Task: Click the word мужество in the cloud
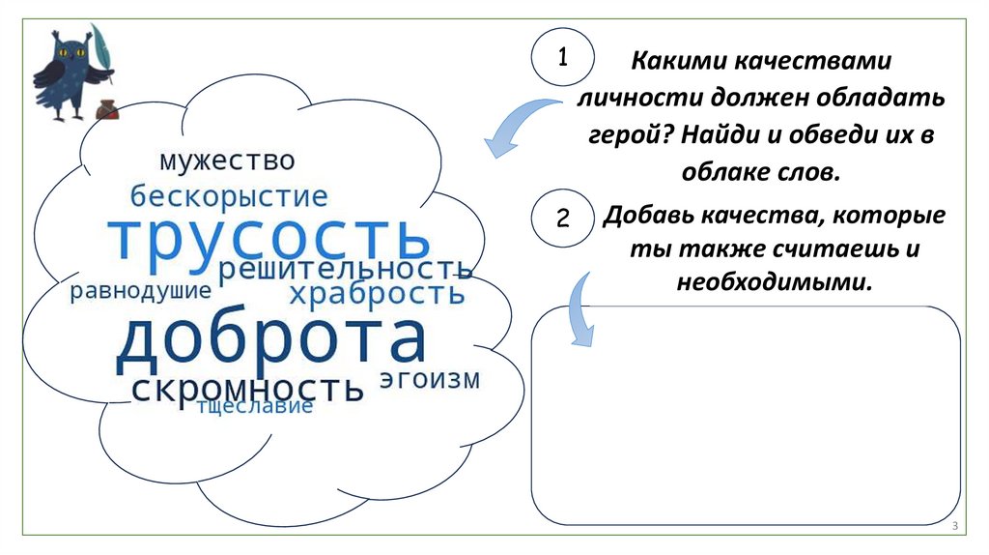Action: click(227, 160)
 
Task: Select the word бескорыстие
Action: click(230, 197)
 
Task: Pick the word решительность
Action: click(345, 270)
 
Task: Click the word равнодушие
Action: click(140, 291)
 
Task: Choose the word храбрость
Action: click(378, 293)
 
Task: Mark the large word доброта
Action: click(270, 340)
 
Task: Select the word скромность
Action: click(247, 389)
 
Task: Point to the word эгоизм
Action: click(429, 378)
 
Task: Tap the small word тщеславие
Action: click(255, 406)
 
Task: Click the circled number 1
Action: click(561, 57)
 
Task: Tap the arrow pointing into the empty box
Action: click(581, 307)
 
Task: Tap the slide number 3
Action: click(953, 526)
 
